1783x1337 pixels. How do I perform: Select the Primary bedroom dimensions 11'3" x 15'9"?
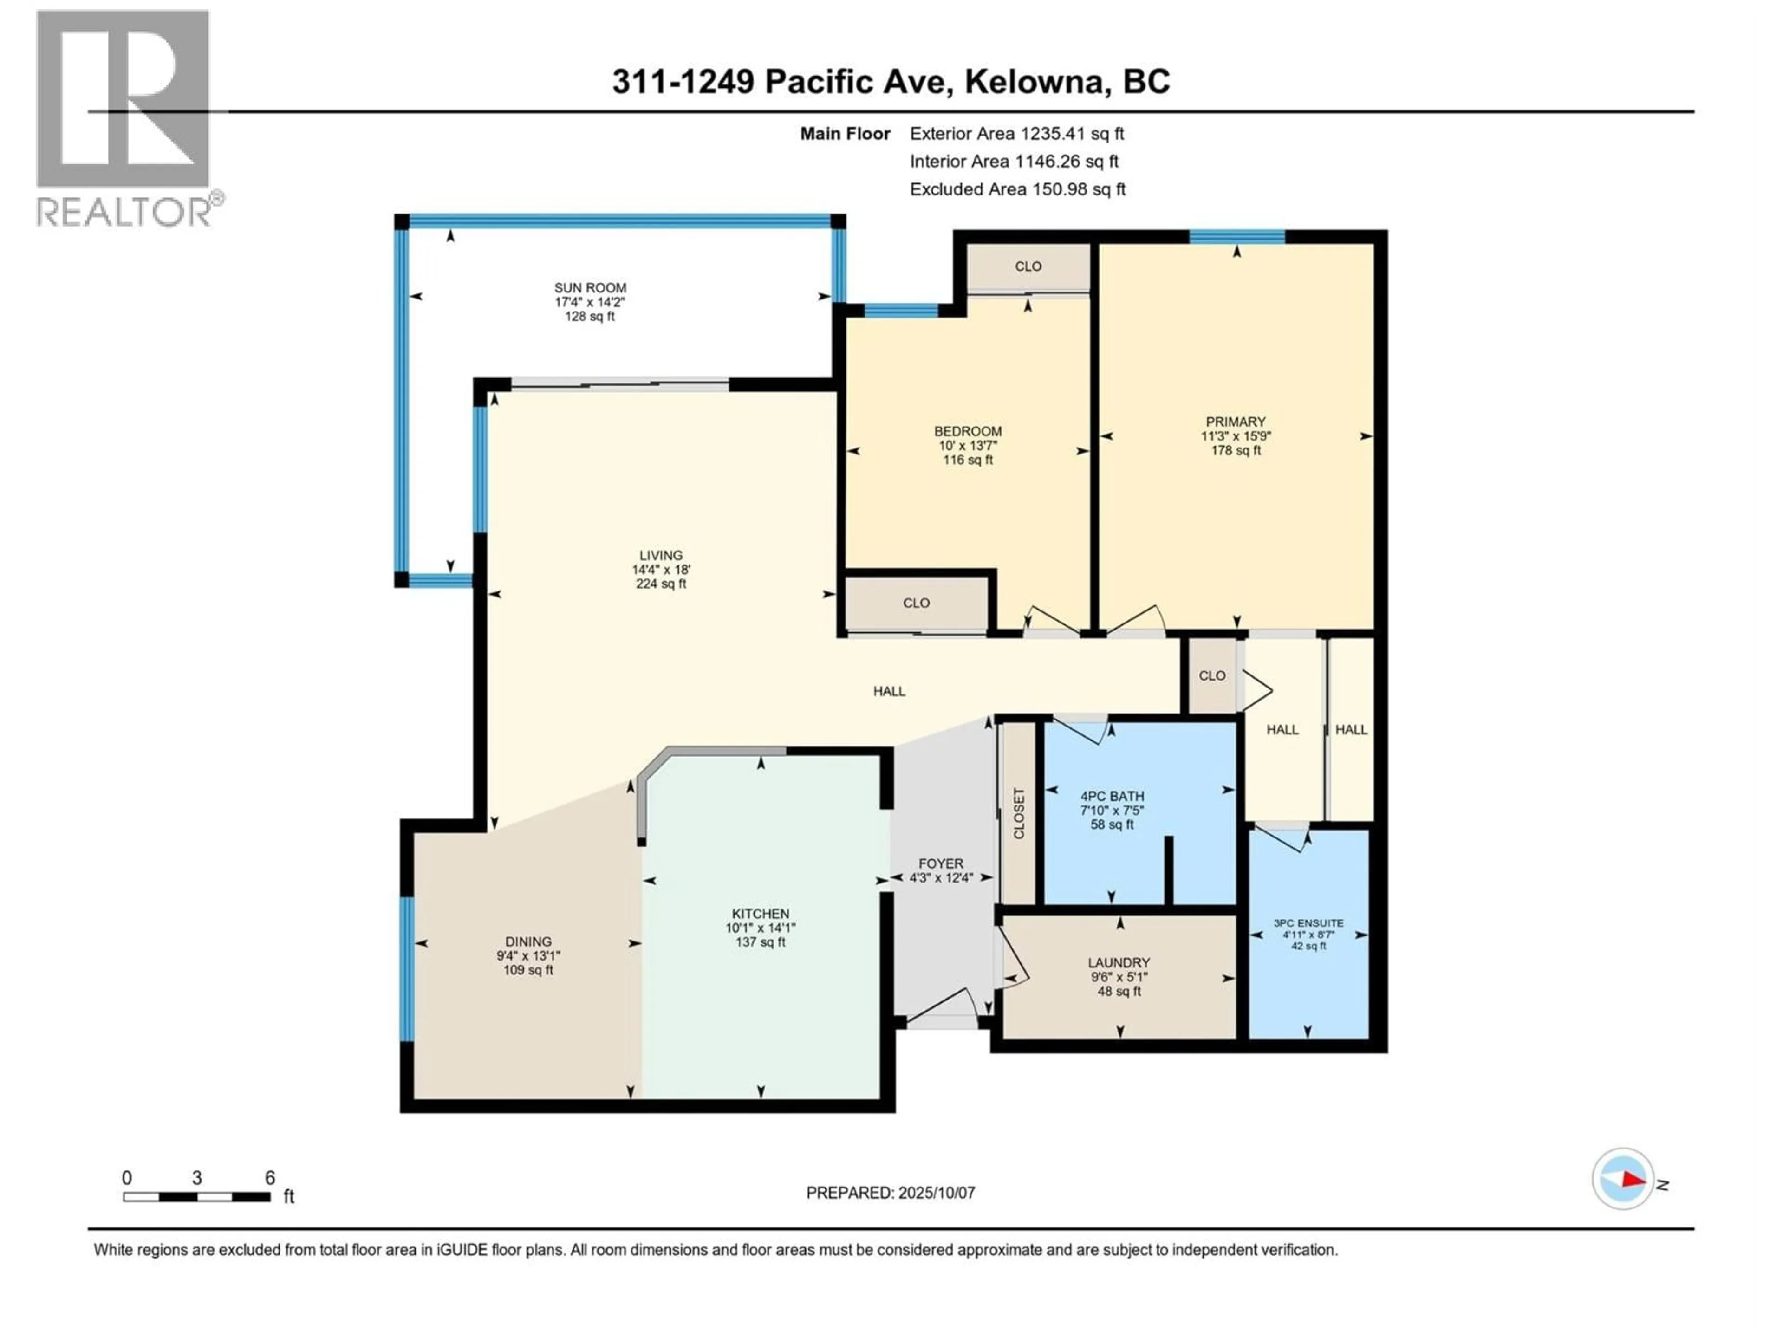click(1235, 436)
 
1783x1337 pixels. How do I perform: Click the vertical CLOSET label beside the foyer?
click(1018, 813)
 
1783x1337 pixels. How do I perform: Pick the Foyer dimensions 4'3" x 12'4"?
click(941, 877)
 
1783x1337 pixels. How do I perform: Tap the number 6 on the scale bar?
click(270, 1177)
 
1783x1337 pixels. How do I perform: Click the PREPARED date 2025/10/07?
click(935, 1193)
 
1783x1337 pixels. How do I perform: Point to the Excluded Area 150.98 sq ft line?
click(1017, 189)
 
